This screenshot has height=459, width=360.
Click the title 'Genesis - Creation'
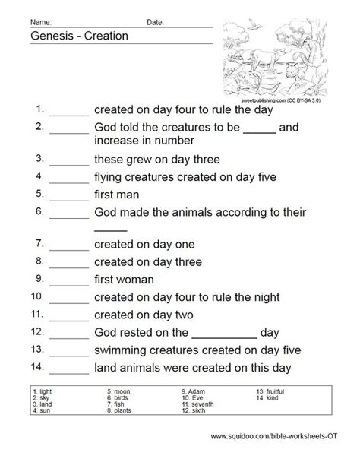click(x=79, y=35)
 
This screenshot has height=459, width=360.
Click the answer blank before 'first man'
click(x=70, y=195)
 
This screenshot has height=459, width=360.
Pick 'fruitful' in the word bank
click(x=273, y=391)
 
